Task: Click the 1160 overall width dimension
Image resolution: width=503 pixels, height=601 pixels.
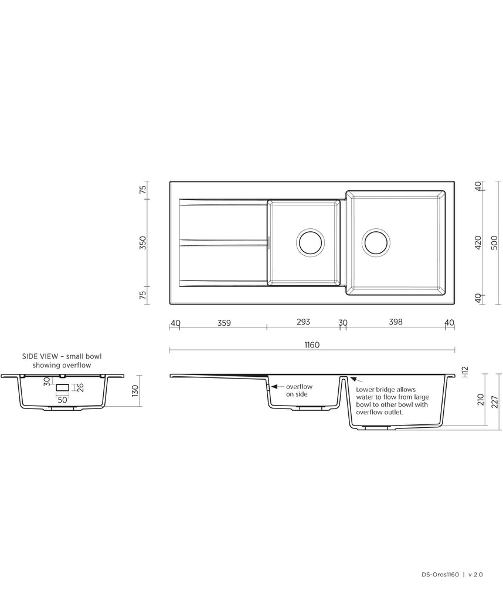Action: pyautogui.click(x=312, y=345)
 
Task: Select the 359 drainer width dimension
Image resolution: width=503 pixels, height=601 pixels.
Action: pyautogui.click(x=224, y=323)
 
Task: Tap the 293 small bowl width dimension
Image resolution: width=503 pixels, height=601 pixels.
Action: pyautogui.click(x=303, y=322)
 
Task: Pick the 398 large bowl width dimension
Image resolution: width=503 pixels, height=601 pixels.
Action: pyautogui.click(x=396, y=322)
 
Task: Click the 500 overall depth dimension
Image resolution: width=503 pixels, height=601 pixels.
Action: pyautogui.click(x=494, y=243)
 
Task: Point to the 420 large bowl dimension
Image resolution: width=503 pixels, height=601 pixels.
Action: pyautogui.click(x=478, y=243)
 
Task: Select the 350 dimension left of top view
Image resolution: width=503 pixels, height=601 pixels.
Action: pyautogui.click(x=142, y=243)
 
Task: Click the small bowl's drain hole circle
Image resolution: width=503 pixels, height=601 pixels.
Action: pyautogui.click(x=311, y=242)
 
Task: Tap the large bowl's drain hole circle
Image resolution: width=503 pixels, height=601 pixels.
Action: pyautogui.click(x=376, y=242)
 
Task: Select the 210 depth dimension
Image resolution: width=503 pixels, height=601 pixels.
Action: pyautogui.click(x=481, y=400)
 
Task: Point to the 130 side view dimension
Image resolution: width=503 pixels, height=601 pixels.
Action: pyautogui.click(x=134, y=391)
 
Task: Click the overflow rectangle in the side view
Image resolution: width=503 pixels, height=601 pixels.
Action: pyautogui.click(x=62, y=388)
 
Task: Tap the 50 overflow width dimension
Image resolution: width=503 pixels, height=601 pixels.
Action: pyautogui.click(x=62, y=400)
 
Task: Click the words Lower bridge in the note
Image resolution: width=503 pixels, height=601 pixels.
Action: pyautogui.click(x=372, y=390)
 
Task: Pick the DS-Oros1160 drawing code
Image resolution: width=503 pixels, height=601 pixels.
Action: pyautogui.click(x=440, y=575)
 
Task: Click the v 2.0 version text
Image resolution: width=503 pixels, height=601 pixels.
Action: pyautogui.click(x=476, y=575)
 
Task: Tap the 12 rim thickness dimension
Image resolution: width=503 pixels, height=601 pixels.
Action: pyautogui.click(x=465, y=371)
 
